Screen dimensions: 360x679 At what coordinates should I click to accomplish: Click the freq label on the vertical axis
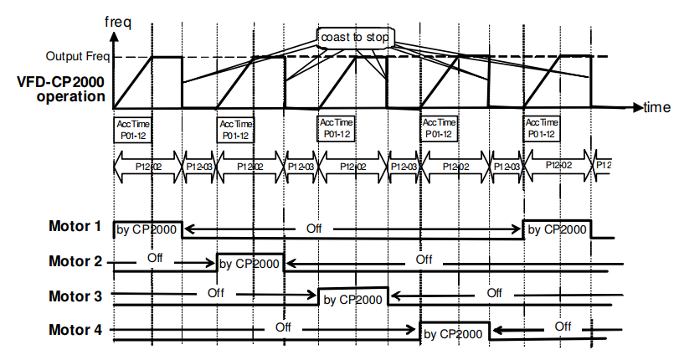120,18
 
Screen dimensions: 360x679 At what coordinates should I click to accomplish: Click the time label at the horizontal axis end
657,107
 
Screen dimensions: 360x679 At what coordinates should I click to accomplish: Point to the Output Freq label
77,58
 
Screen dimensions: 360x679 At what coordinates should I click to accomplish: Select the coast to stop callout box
355,36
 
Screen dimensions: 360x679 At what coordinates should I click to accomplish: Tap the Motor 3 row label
75,296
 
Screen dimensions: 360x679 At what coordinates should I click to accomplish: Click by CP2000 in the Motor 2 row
250,264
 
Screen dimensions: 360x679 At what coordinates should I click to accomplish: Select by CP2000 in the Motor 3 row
353,298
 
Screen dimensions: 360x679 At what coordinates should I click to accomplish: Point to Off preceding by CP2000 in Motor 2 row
155,257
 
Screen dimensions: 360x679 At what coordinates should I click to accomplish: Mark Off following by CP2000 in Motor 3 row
494,292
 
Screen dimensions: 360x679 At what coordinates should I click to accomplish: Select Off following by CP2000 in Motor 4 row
562,326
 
